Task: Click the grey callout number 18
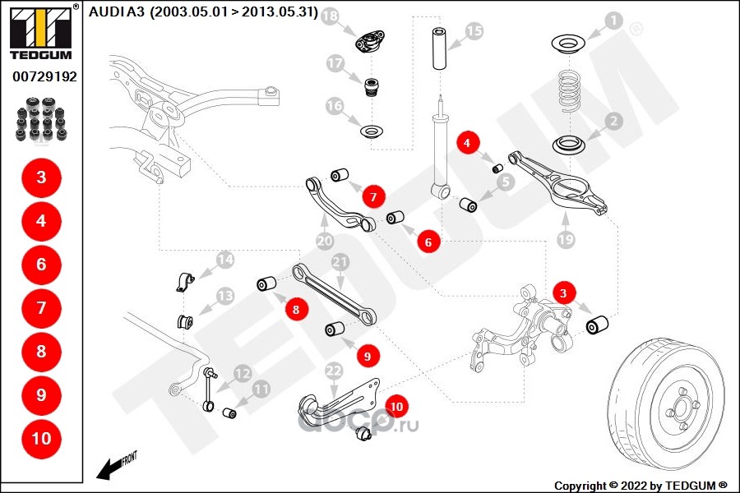click(330, 16)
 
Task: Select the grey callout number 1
click(613, 19)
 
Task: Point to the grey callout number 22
click(333, 371)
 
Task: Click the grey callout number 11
click(261, 389)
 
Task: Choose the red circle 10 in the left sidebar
click(41, 438)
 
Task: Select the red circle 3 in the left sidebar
click(41, 177)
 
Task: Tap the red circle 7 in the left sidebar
click(41, 308)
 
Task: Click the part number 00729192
click(44, 76)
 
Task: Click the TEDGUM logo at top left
click(39, 32)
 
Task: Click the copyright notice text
click(641, 485)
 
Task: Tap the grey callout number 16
click(335, 105)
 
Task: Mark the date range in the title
click(234, 12)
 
